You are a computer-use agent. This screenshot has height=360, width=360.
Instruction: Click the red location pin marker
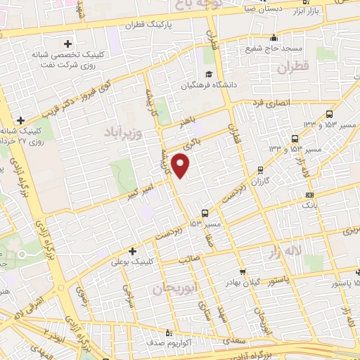pos(181,166)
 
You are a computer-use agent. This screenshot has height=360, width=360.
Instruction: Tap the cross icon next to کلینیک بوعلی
pos(132,251)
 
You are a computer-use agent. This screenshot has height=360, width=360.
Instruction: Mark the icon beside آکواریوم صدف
pos(167,333)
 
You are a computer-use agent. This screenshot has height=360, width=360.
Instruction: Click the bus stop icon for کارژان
pos(262,169)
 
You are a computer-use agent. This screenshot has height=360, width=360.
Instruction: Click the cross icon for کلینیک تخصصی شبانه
pos(67,44)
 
